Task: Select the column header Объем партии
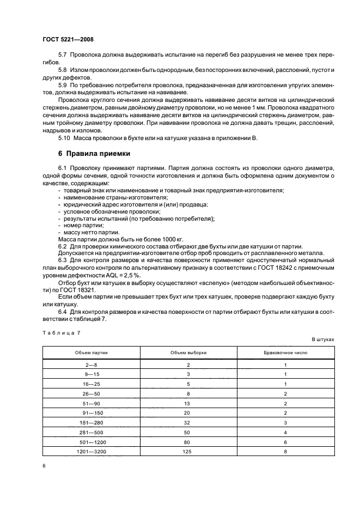coord(91,353)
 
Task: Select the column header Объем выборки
coord(188,353)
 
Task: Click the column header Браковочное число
coord(285,353)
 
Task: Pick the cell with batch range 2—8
coord(91,364)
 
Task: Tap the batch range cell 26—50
coord(91,393)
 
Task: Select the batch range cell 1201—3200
coord(91,452)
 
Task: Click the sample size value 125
coord(188,452)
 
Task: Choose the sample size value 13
coord(188,403)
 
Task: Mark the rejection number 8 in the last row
coord(285,452)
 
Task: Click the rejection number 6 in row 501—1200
coord(285,442)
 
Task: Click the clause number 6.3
coord(63,260)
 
